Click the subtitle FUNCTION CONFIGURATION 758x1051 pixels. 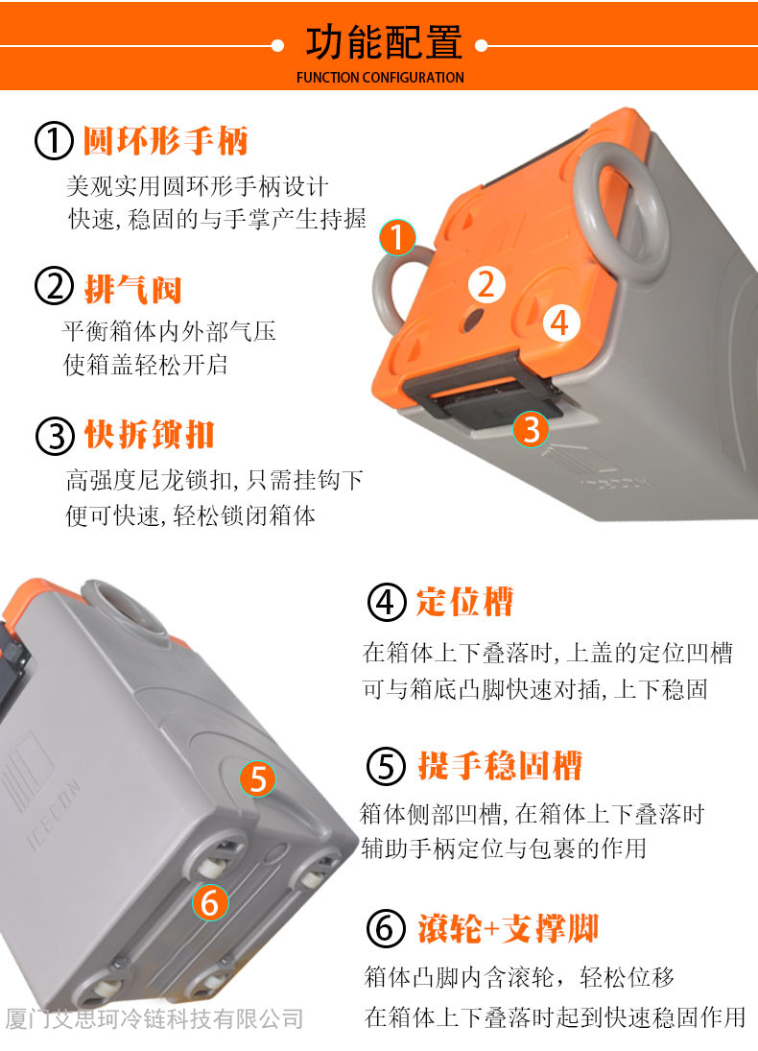click(380, 78)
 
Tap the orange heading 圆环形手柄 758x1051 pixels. click(166, 141)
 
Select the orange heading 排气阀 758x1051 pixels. click(132, 289)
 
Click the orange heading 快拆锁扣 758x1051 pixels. click(149, 435)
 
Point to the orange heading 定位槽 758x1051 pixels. click(464, 601)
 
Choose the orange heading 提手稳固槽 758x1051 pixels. click(500, 765)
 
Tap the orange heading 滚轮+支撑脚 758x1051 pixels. click(508, 928)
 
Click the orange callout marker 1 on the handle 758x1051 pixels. click(397, 237)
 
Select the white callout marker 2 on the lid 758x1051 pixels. click(486, 284)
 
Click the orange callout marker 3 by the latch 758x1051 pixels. click(532, 429)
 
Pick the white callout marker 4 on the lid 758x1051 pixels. click(560, 322)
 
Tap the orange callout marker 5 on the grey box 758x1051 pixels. click(258, 778)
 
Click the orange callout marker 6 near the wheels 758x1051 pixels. click(210, 903)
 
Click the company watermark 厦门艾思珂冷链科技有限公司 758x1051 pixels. click(154, 1019)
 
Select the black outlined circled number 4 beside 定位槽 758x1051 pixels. click(387, 602)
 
